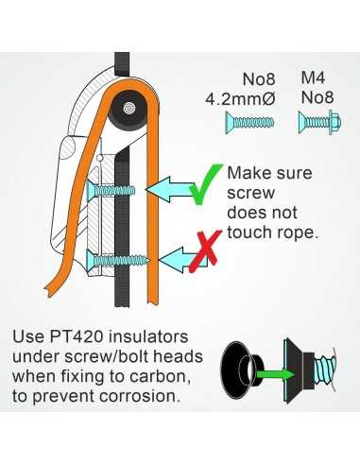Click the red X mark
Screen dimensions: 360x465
(205, 251)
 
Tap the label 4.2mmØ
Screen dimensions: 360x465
(240, 99)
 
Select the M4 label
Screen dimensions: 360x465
(313, 77)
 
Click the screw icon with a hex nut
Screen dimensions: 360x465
(319, 122)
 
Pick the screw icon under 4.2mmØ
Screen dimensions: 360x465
(249, 122)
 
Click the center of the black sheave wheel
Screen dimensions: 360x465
(129, 109)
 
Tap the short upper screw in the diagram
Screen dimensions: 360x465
(111, 191)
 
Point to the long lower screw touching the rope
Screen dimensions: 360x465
(118, 260)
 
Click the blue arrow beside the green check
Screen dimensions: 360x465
(170, 189)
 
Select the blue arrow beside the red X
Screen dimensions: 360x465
(180, 260)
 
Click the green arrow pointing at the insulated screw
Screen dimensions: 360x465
(276, 374)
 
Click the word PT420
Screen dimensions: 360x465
(77, 336)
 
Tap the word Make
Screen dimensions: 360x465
(249, 173)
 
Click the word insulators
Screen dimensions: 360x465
(147, 336)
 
